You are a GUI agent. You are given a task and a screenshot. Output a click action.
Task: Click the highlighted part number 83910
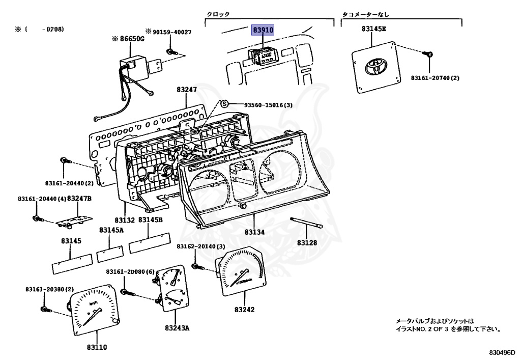pyautogui.click(x=264, y=31)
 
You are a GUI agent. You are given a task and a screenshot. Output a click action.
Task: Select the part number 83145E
pyautogui.click(x=374, y=29)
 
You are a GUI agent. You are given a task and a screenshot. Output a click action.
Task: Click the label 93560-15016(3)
pyautogui.click(x=268, y=105)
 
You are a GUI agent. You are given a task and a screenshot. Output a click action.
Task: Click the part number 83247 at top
pyautogui.click(x=187, y=90)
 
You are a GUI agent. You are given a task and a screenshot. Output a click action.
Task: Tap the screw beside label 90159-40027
pyautogui.click(x=171, y=51)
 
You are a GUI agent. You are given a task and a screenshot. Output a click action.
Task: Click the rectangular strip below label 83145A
pyautogui.click(x=111, y=253)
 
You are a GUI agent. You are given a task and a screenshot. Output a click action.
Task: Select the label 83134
pyautogui.click(x=255, y=232)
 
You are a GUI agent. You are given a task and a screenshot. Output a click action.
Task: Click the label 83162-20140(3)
pyautogui.click(x=201, y=246)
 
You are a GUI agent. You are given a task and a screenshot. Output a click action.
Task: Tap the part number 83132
pyautogui.click(x=125, y=220)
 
